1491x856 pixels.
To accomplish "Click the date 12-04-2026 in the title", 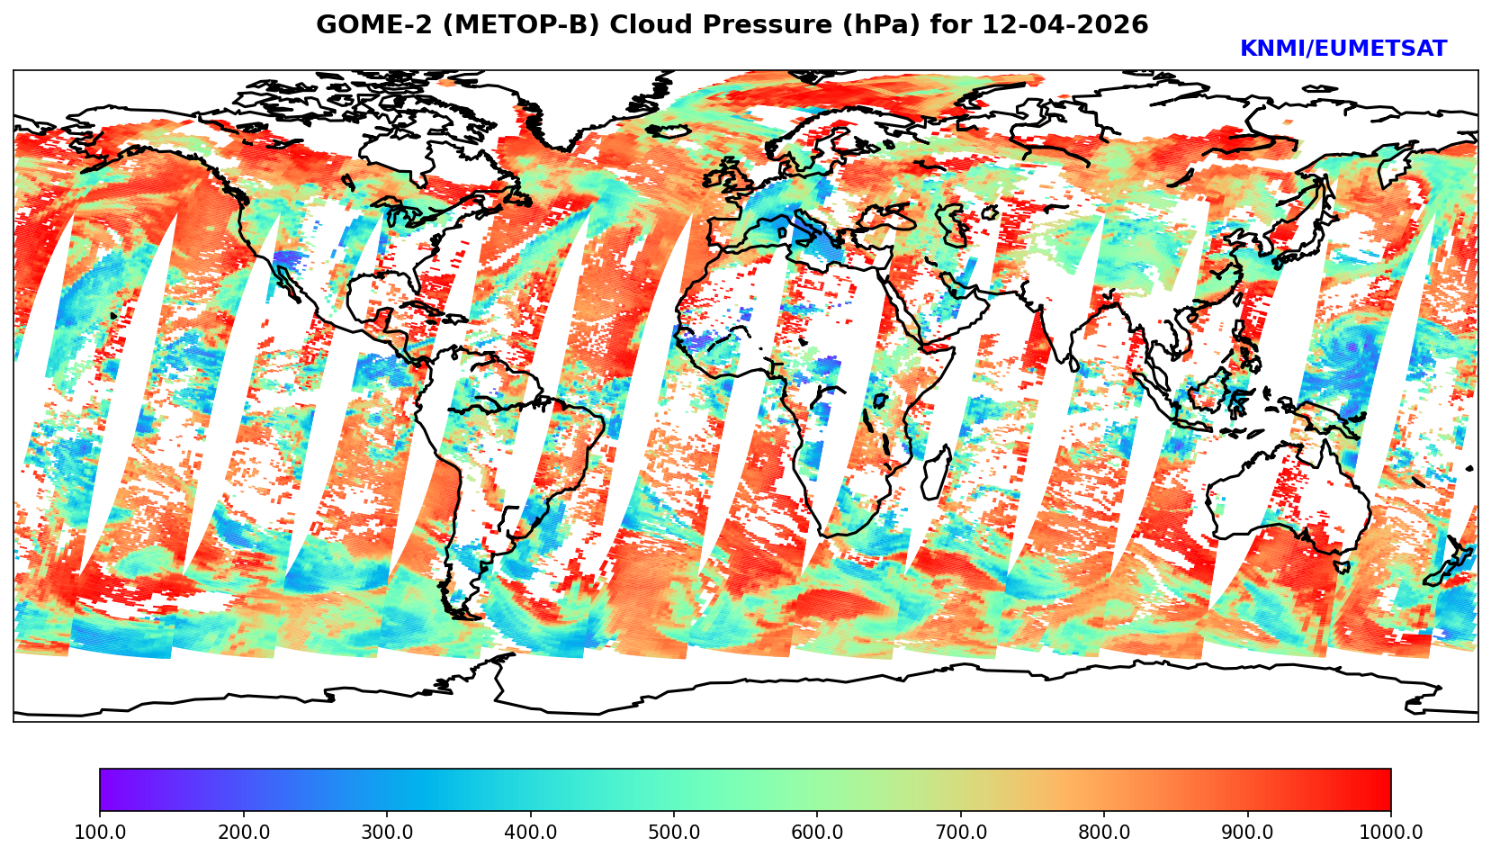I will click(1065, 25).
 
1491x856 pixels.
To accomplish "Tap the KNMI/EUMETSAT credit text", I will click(1343, 50).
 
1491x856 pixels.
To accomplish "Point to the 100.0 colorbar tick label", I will click(100, 833).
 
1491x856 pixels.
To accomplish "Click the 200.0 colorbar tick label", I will click(243, 833).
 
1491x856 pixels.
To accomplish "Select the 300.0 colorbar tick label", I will click(387, 833).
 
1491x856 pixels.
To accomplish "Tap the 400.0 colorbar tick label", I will click(530, 833).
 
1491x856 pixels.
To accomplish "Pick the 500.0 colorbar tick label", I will click(674, 833).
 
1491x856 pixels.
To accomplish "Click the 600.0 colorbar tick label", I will click(817, 833).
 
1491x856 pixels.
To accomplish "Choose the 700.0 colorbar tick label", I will click(961, 833).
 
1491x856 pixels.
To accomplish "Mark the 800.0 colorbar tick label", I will click(1104, 833).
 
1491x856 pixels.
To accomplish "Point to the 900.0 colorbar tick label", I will click(1248, 833).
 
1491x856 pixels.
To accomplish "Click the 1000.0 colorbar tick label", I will click(1389, 833).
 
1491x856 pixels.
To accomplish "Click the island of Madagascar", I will click(936, 473).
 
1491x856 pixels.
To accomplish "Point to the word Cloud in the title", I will click(651, 25).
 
